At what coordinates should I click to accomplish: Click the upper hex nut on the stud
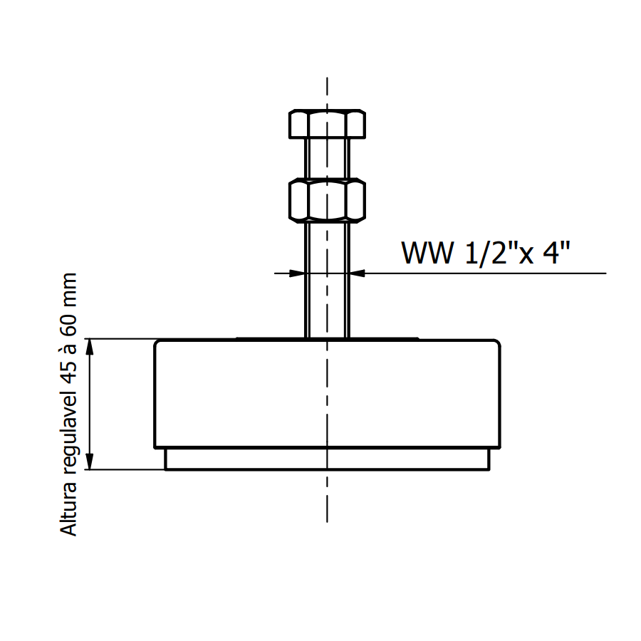pyautogui.click(x=327, y=124)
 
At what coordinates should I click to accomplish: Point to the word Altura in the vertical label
pyautogui.click(x=68, y=509)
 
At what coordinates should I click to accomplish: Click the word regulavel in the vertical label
pyautogui.click(x=68, y=435)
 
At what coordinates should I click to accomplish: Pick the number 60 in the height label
pyautogui.click(x=68, y=328)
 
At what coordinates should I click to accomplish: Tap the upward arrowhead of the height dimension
pyautogui.click(x=90, y=348)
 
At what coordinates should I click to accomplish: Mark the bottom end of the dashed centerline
pyautogui.click(x=327, y=521)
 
